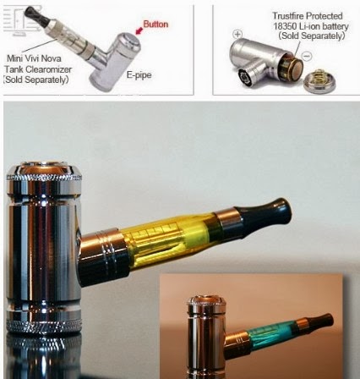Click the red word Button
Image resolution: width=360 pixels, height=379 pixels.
[156, 24]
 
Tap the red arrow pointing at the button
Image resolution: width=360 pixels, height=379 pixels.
[134, 31]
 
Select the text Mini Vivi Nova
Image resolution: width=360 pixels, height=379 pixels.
[30, 58]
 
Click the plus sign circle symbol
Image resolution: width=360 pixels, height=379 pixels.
[237, 36]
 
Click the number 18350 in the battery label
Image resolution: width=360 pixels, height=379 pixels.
[286, 25]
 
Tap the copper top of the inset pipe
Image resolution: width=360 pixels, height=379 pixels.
[203, 300]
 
